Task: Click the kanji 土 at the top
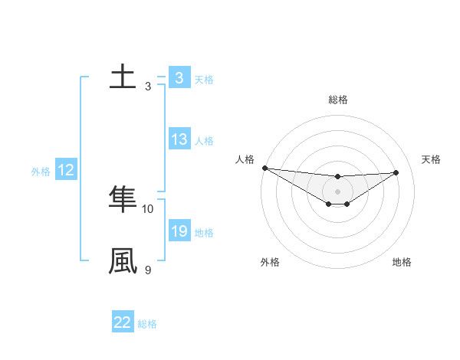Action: tap(123, 77)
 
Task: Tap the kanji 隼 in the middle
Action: tap(123, 199)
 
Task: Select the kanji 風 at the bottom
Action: tap(123, 261)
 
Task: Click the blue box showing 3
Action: tap(179, 78)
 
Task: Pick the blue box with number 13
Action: tap(179, 139)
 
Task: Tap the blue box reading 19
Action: tap(179, 231)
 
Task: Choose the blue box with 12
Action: tap(66, 170)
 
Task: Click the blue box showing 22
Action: tap(123, 322)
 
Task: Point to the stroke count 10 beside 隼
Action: tap(148, 208)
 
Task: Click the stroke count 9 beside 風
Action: tap(148, 270)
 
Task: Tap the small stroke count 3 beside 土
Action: tap(148, 86)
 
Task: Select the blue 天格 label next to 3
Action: tap(204, 79)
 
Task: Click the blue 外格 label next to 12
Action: tap(41, 171)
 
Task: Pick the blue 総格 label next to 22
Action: tap(147, 323)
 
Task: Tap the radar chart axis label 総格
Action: tap(337, 100)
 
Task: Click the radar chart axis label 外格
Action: tap(270, 262)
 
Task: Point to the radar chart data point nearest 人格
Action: tap(264, 168)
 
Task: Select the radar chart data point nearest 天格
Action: tap(396, 172)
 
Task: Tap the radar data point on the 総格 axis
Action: tap(337, 177)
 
